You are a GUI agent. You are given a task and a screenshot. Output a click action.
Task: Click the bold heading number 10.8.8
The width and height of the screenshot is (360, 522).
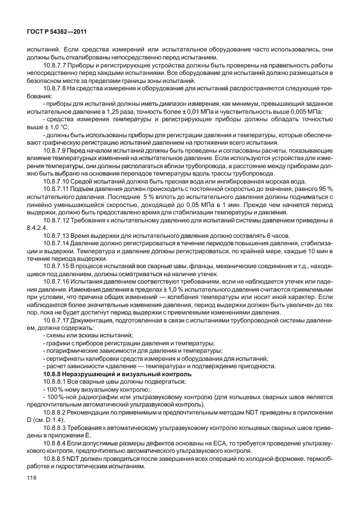[x=52, y=373]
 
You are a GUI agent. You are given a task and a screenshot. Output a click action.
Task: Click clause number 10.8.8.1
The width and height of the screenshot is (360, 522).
[x=57, y=380]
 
